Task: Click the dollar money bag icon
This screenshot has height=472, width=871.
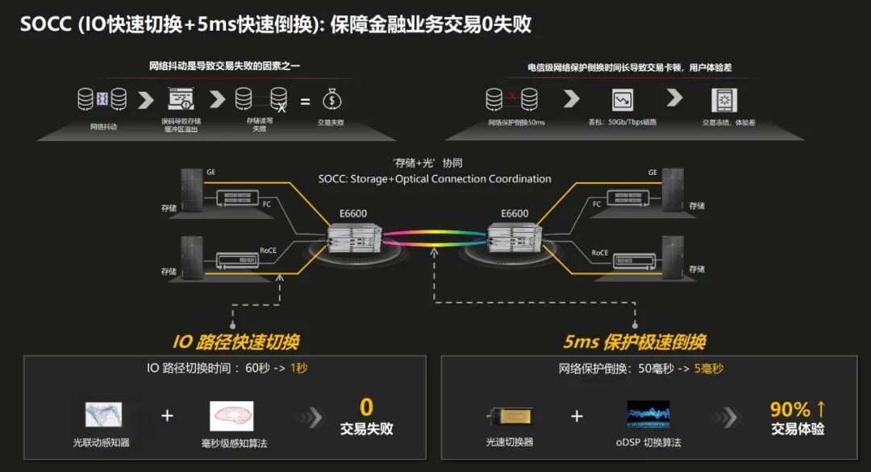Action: click(x=331, y=100)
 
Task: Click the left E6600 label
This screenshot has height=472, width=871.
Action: click(x=353, y=213)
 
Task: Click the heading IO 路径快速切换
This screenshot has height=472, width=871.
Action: click(x=235, y=342)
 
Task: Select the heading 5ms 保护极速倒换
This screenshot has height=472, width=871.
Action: click(x=634, y=342)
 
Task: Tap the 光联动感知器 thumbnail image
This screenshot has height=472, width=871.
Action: click(x=103, y=415)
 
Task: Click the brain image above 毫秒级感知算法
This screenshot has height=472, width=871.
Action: click(x=231, y=416)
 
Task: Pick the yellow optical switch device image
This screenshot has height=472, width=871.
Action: click(x=508, y=416)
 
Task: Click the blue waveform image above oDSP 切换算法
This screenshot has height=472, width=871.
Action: click(x=648, y=415)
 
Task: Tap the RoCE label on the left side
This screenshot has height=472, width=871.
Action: click(x=269, y=251)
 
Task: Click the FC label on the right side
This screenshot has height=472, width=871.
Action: click(x=597, y=205)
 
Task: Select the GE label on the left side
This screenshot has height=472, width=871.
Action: click(x=211, y=172)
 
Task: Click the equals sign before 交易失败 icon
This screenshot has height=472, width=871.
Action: click(x=305, y=101)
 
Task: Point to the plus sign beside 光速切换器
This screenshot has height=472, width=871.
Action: click(x=577, y=416)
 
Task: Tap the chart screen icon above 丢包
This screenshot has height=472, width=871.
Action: click(x=623, y=100)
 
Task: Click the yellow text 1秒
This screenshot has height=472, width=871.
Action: click(x=299, y=368)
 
